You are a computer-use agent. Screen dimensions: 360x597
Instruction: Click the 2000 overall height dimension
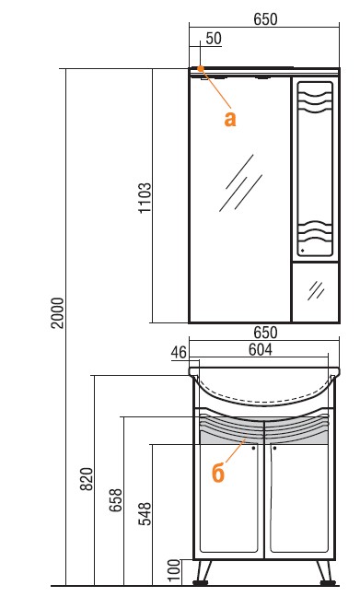click(x=58, y=313)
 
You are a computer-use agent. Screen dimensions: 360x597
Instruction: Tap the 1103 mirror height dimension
click(x=145, y=198)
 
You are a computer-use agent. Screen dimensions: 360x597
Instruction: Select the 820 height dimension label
click(x=87, y=478)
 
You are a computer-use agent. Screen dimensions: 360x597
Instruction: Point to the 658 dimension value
click(x=116, y=500)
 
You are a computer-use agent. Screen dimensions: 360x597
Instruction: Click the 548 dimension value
click(x=145, y=514)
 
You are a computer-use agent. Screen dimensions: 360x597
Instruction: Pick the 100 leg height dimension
click(x=174, y=570)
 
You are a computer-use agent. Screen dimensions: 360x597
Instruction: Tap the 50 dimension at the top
click(x=214, y=39)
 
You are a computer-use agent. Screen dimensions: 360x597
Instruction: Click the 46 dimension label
click(x=179, y=353)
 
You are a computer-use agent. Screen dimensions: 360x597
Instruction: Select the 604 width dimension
click(x=261, y=349)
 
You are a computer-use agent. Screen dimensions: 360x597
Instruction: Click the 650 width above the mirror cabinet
click(x=265, y=19)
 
